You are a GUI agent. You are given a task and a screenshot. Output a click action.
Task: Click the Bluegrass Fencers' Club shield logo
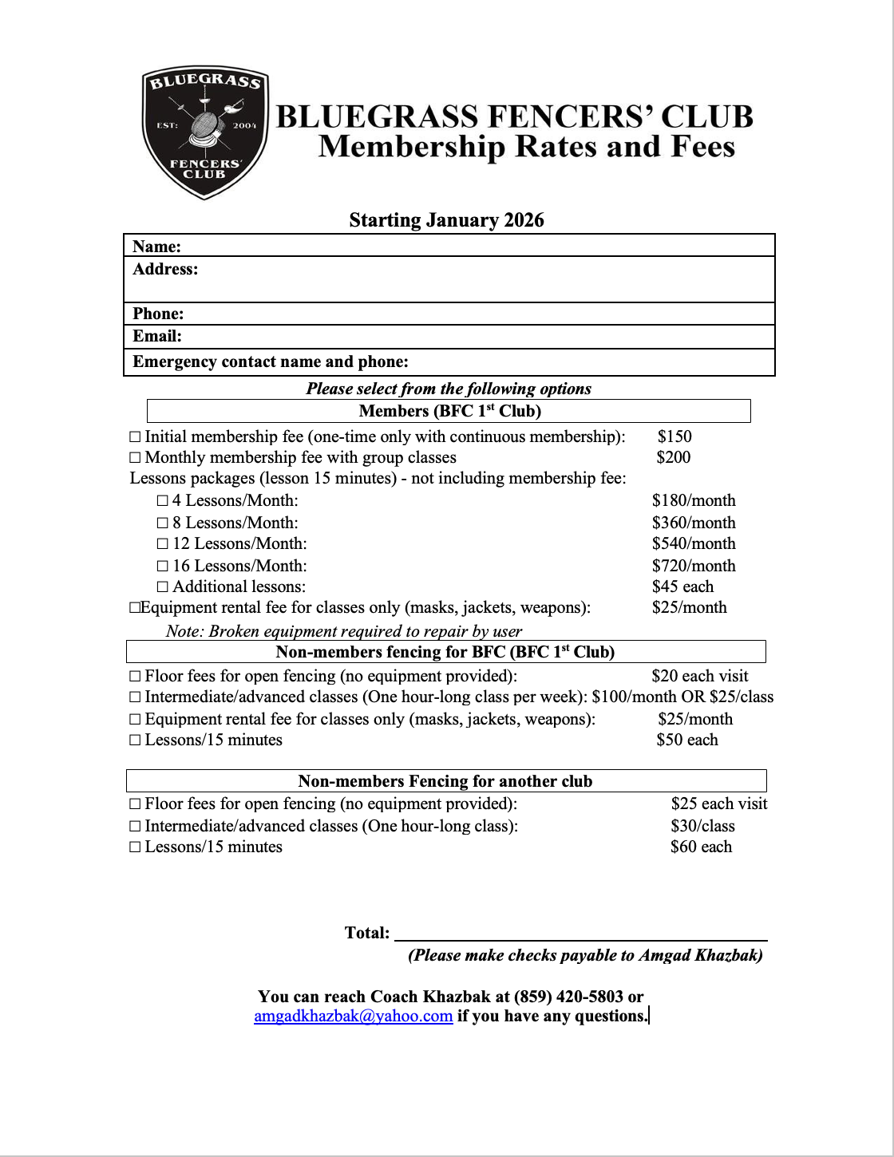[x=205, y=132]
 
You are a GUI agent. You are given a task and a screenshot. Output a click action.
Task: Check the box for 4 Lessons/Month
[x=163, y=501]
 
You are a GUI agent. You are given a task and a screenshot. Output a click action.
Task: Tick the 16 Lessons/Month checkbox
[x=163, y=567]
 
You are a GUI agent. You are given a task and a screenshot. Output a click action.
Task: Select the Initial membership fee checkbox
[x=135, y=437]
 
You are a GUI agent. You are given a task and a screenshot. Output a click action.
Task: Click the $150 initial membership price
[x=674, y=436]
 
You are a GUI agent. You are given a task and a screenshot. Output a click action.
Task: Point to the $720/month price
[x=694, y=566]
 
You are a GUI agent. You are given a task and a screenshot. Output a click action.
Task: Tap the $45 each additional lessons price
[x=682, y=586]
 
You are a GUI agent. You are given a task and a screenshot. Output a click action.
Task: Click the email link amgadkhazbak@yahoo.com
[x=353, y=1016]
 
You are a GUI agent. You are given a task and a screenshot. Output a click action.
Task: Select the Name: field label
[x=156, y=247]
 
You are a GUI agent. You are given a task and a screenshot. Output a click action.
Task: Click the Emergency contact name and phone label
[x=271, y=361]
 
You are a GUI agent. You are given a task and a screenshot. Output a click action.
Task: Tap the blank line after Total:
[x=580, y=934]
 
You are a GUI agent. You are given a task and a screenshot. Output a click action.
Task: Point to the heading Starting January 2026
[x=446, y=220]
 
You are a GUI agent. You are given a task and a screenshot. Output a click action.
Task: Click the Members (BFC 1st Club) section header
[x=449, y=411]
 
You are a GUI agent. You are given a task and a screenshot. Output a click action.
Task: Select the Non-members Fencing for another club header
[x=445, y=781]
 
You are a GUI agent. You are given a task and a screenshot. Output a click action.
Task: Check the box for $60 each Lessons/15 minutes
[x=135, y=847]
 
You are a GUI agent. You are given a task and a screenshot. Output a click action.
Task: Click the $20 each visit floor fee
[x=699, y=676]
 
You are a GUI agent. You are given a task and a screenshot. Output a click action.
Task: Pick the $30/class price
[x=702, y=826]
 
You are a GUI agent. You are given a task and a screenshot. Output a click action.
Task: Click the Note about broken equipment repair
[x=344, y=631]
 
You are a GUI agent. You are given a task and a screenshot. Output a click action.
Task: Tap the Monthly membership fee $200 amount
[x=674, y=457]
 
